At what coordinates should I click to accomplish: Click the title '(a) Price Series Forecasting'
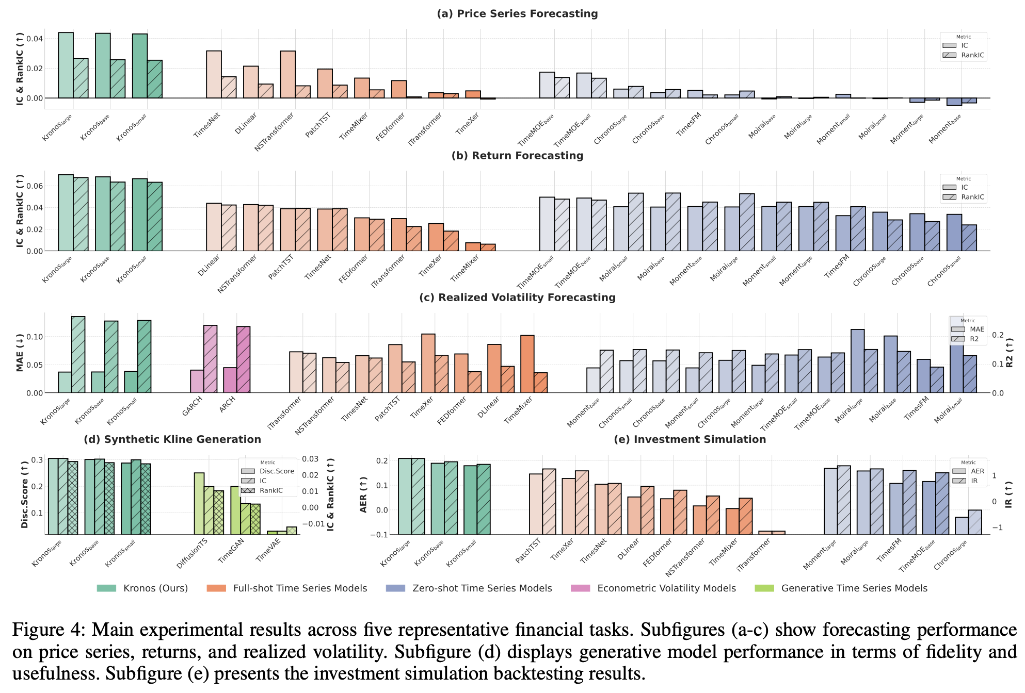pos(517,14)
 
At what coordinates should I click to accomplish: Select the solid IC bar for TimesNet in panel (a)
pos(214,74)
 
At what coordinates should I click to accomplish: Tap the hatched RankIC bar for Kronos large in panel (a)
pos(81,78)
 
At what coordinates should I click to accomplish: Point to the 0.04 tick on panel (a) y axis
pos(35,39)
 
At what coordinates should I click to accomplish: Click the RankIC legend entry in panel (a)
pos(972,55)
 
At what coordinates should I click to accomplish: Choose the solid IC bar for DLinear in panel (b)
pos(214,227)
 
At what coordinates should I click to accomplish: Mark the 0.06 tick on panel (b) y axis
pos(35,186)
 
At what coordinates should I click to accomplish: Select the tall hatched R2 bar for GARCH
pos(210,359)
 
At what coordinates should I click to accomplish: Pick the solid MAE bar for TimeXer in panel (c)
pos(428,364)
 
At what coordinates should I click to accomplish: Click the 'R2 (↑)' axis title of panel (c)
pos(1010,353)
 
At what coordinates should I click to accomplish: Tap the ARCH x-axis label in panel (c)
pos(227,404)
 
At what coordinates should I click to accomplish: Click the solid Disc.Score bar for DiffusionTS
pos(199,503)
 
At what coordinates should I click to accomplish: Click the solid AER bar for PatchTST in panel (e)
pos(536,504)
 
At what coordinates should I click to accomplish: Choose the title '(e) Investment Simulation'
pos(690,439)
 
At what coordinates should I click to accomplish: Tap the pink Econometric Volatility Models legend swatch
pos(581,588)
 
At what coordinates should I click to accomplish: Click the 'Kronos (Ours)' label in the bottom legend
pos(155,588)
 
